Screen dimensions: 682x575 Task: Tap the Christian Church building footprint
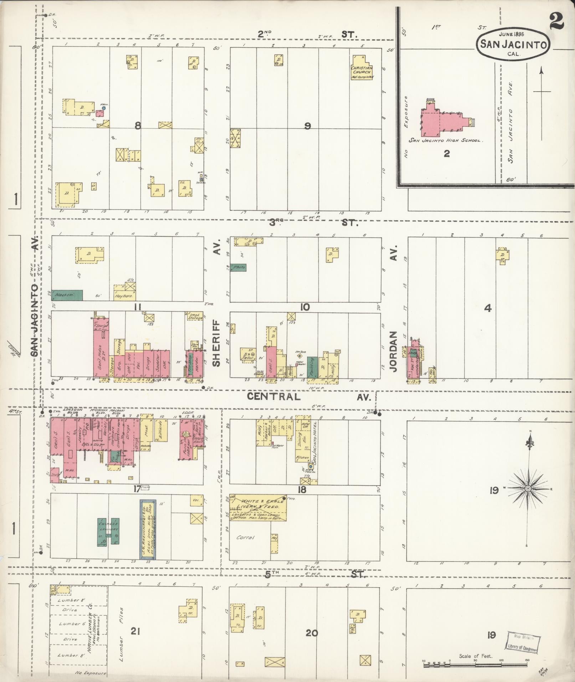(x=362, y=68)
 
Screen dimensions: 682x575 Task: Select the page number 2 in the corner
(x=556, y=21)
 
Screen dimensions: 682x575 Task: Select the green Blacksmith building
(x=67, y=295)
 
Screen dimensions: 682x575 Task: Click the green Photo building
(x=238, y=267)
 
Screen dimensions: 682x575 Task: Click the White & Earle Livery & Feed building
(x=258, y=508)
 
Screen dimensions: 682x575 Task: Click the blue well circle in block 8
(x=104, y=107)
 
